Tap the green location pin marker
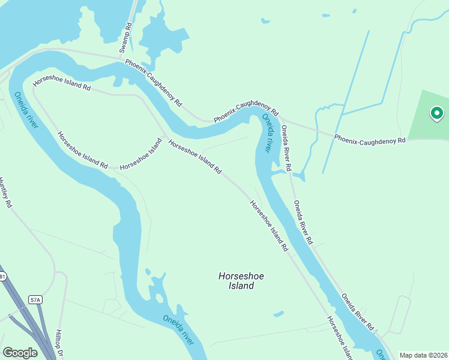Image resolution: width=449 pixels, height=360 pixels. click(x=436, y=113)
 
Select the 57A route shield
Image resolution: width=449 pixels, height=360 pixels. click(x=36, y=299)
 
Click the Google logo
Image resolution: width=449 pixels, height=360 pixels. click(x=20, y=353)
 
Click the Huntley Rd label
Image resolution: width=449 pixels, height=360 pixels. click(x=6, y=193)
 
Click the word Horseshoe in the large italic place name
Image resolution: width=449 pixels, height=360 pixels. click(x=241, y=276)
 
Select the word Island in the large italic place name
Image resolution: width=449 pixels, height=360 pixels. click(x=241, y=286)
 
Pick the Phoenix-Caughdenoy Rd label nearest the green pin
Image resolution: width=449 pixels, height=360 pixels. click(x=370, y=138)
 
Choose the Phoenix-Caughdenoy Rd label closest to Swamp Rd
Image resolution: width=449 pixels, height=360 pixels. click(x=153, y=83)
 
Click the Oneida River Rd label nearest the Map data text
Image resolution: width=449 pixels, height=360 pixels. click(x=358, y=312)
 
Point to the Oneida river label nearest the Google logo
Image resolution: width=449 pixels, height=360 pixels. click(x=178, y=329)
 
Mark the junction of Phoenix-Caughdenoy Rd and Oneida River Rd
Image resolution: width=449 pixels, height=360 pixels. click(x=282, y=119)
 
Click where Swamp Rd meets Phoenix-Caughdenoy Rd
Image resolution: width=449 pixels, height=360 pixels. click(x=128, y=60)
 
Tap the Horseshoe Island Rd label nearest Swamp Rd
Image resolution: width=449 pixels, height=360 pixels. click(x=62, y=83)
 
